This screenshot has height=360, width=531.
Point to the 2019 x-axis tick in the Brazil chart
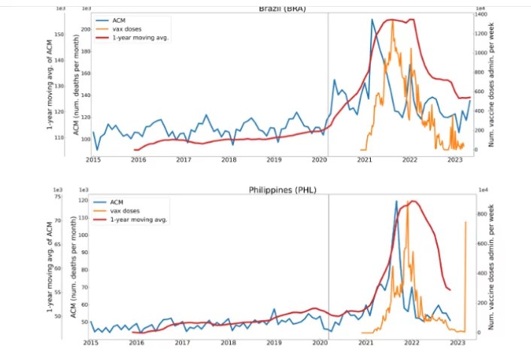[x=275, y=160]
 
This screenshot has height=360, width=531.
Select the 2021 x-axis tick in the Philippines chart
[x=366, y=342]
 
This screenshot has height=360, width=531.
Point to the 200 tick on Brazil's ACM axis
[x=85, y=29]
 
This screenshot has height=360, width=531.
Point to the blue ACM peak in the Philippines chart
[x=396, y=201]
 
